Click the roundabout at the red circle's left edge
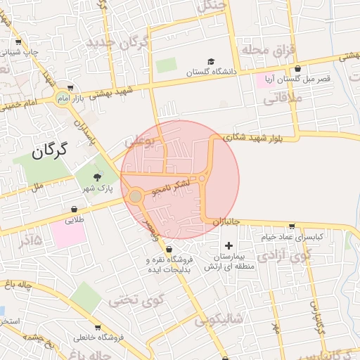point(135,196)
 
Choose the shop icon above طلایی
point(75,208)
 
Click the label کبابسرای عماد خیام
point(293,237)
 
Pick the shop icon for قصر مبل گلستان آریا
point(299,68)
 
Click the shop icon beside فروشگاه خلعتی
point(98,327)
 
